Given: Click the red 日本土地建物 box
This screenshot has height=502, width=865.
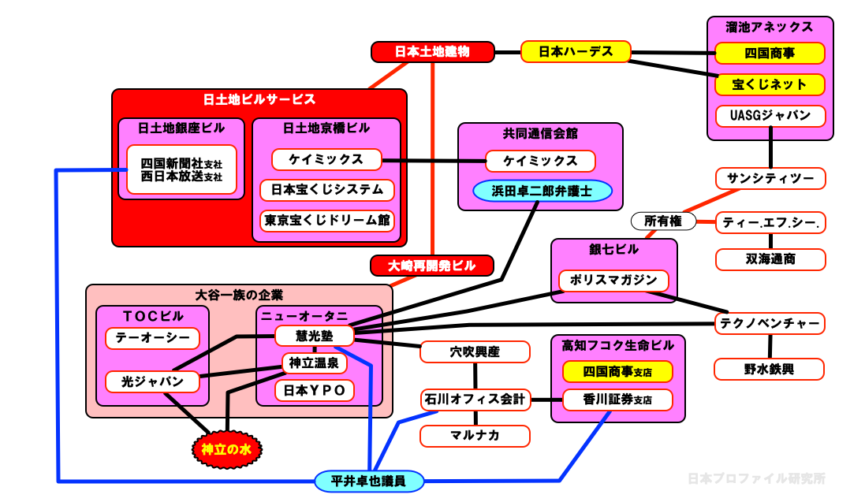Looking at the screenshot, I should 432,52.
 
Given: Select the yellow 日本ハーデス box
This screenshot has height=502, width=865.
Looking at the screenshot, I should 576,52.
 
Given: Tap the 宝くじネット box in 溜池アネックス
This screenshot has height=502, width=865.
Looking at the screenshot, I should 770,84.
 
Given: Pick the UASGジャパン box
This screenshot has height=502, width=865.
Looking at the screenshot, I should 770,115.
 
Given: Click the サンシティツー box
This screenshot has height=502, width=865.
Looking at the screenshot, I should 770,178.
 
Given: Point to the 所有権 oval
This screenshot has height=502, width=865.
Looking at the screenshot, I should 663,221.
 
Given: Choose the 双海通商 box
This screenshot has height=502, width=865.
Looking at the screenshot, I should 770,259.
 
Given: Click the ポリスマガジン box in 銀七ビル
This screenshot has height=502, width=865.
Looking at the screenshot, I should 613,281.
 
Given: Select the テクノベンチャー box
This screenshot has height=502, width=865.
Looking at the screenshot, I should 770,323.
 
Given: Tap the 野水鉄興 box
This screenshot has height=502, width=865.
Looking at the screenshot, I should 770,368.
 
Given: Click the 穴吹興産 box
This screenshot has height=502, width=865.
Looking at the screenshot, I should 475,351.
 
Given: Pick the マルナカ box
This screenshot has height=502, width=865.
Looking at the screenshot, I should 475,435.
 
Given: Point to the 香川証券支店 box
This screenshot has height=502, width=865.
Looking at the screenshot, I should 617,400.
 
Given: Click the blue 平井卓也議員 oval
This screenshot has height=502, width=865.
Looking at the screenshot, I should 368,481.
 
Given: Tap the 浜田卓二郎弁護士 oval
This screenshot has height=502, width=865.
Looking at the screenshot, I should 542,191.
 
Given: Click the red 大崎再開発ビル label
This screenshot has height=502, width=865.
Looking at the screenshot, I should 431,266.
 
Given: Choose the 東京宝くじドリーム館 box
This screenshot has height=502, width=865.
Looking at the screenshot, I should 326,220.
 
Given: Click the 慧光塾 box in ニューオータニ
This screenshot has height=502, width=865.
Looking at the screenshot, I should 314,336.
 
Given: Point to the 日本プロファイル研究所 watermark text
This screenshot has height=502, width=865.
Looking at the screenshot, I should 756,478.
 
